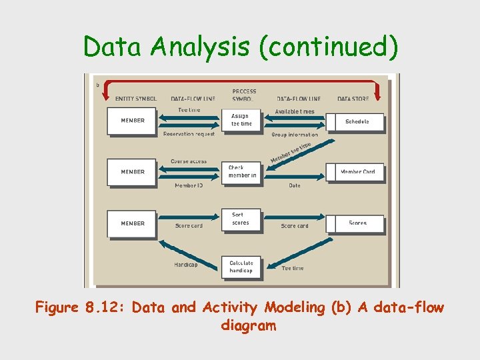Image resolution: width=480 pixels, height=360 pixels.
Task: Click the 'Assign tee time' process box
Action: tap(241, 120)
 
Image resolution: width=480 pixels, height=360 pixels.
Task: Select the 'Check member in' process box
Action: tap(241, 171)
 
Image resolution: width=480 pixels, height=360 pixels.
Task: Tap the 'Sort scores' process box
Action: tap(241, 219)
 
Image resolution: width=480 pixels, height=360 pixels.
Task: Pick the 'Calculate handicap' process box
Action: tap(241, 267)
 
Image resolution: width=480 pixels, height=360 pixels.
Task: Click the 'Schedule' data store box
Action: tap(356, 121)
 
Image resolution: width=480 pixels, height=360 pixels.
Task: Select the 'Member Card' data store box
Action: tap(356, 172)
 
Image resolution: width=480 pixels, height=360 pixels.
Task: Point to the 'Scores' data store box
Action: tap(356, 223)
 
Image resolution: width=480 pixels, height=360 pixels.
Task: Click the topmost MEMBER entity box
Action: tap(132, 121)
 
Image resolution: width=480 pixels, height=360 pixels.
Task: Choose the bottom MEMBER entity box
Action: tap(132, 223)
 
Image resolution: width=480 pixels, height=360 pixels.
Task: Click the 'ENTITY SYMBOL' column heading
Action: tap(135, 99)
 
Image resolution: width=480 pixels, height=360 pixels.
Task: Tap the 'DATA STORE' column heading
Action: tap(353, 99)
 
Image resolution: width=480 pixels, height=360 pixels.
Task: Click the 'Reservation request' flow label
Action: tap(189, 134)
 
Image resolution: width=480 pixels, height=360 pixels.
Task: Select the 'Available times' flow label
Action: tap(295, 111)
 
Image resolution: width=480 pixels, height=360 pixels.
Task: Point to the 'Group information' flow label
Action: tap(295, 135)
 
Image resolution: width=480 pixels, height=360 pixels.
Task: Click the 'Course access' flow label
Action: tap(189, 161)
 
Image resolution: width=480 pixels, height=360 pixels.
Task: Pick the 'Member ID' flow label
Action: tap(189, 185)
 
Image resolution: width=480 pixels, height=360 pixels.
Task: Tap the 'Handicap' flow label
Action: tap(185, 265)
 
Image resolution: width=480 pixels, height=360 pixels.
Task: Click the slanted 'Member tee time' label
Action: tap(291, 153)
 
